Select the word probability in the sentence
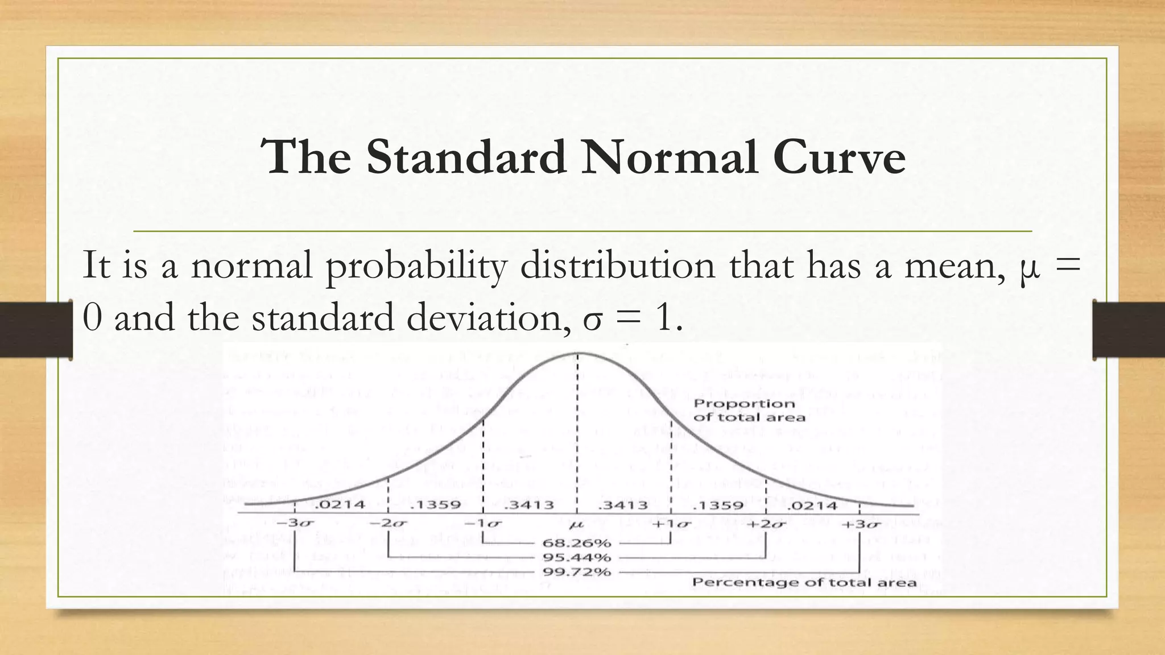click(415, 266)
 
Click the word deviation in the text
click(484, 317)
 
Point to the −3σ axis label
click(294, 523)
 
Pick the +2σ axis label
click(765, 523)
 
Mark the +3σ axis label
click(860, 523)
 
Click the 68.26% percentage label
click(577, 543)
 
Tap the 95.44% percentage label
click(577, 557)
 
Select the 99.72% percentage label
click(577, 571)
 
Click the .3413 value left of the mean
click(529, 505)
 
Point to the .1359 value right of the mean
click(718, 505)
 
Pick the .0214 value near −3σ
click(340, 504)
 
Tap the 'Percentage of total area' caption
click(804, 582)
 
